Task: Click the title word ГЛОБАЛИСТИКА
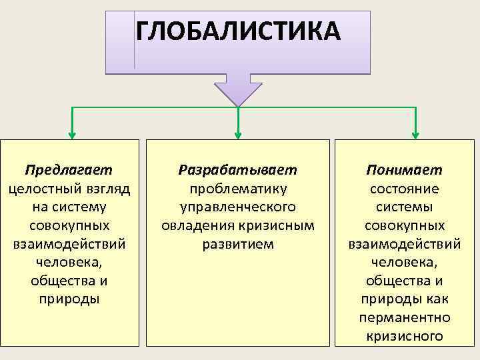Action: click(238, 31)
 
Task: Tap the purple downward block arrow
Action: click(238, 87)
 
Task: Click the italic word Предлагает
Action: click(69, 170)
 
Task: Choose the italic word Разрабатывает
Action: click(238, 170)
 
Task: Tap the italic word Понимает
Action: click(404, 170)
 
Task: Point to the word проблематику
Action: click(238, 189)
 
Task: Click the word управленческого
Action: click(238, 207)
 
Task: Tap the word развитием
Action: click(238, 244)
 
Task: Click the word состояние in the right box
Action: click(404, 189)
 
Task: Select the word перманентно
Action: click(404, 317)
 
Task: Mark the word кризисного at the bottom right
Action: click(404, 336)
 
